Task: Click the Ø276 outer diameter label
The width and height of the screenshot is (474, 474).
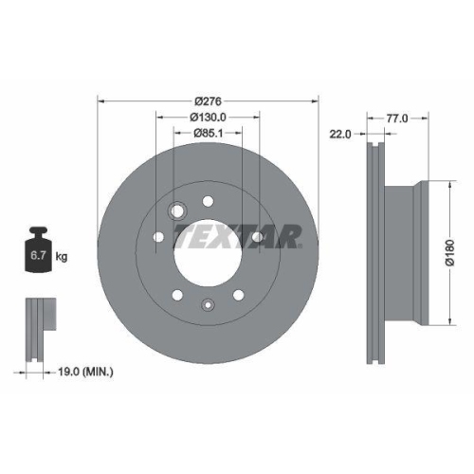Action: (x=209, y=101)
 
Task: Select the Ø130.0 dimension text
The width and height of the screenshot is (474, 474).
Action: (x=209, y=117)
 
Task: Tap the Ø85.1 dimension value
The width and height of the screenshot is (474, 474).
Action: (x=209, y=133)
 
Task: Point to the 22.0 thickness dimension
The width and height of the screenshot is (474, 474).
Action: (x=339, y=134)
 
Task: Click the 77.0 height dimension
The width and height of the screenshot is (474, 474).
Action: (x=398, y=119)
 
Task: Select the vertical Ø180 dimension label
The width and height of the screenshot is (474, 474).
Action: (x=450, y=252)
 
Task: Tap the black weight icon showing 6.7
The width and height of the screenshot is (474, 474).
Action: (x=38, y=250)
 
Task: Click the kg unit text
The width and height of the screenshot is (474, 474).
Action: (x=63, y=257)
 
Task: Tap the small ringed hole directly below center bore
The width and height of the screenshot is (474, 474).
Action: (x=208, y=305)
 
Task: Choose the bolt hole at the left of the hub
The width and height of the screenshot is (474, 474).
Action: (x=159, y=237)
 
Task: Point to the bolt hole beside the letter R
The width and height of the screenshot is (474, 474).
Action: (x=257, y=236)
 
